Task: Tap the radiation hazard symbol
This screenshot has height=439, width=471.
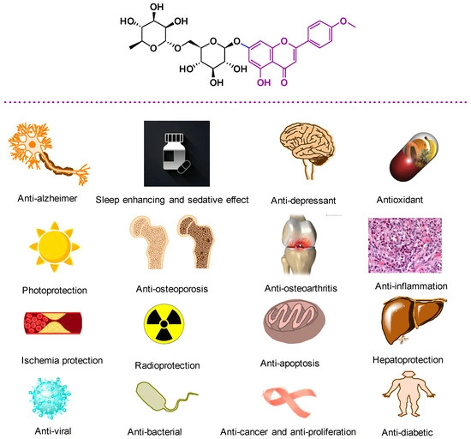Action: pos(165,327)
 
